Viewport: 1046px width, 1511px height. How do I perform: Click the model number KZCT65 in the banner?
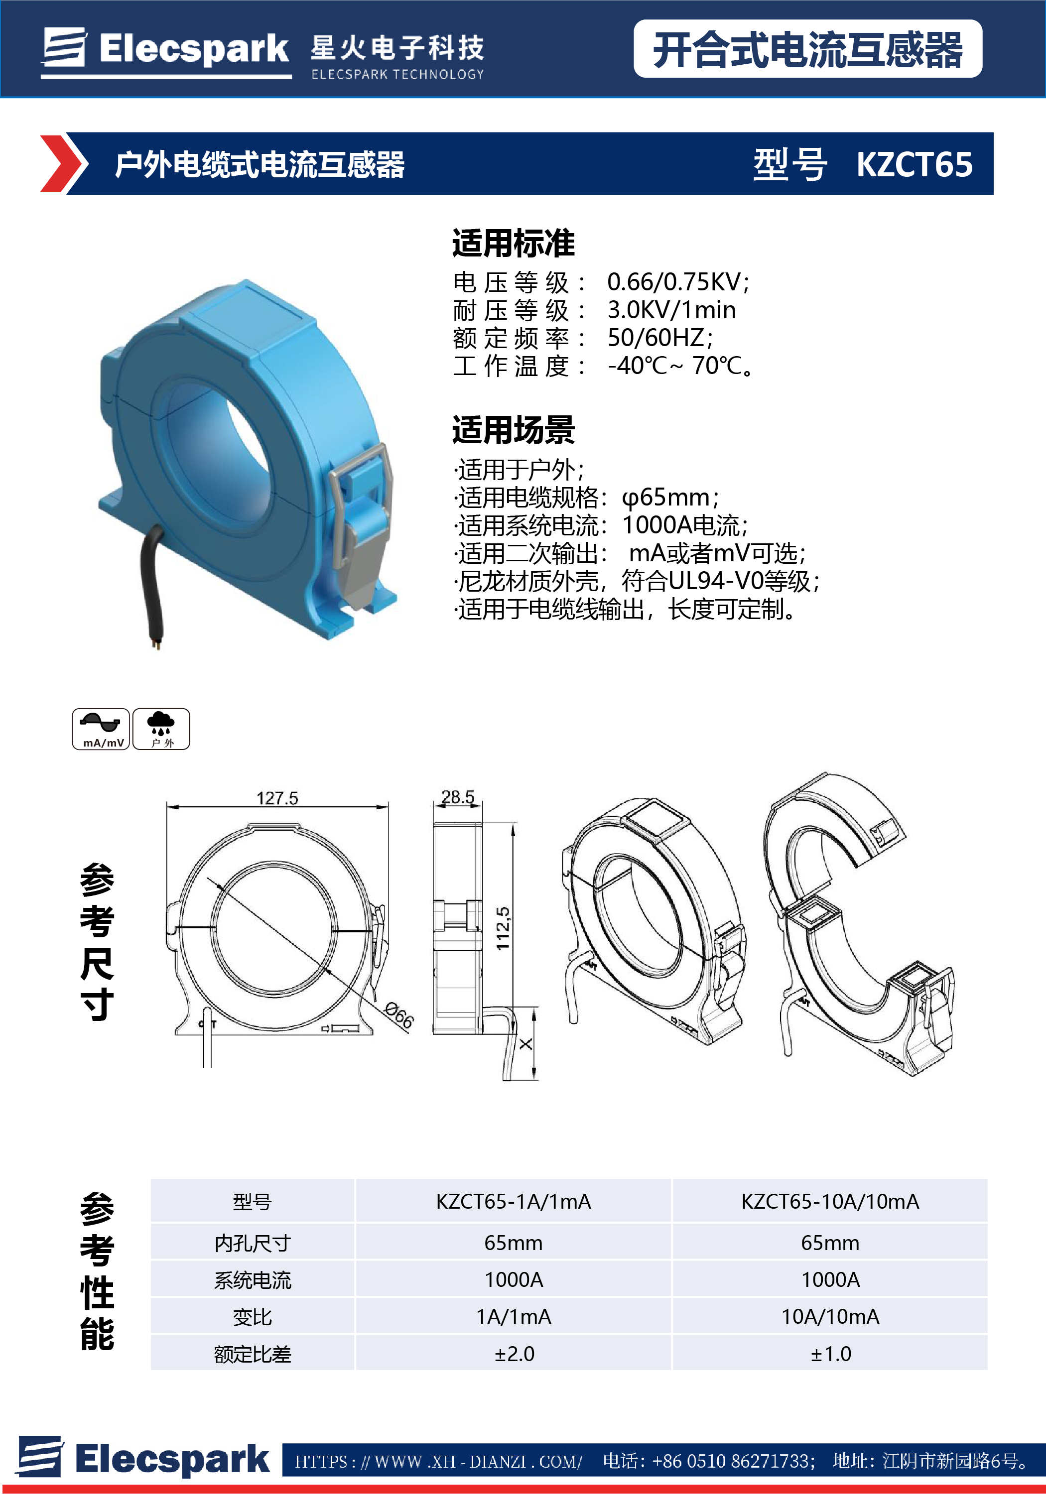[x=915, y=164]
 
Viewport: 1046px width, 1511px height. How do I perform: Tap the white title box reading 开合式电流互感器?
[x=807, y=49]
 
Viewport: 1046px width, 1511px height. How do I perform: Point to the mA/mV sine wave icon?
[x=100, y=729]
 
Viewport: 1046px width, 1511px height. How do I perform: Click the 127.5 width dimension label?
[x=277, y=798]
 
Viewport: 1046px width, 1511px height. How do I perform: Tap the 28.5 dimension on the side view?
[x=457, y=797]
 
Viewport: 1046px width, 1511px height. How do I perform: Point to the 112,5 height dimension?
[x=503, y=928]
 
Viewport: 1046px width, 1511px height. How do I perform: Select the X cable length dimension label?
[x=525, y=1044]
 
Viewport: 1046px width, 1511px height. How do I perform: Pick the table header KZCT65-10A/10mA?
[x=830, y=1201]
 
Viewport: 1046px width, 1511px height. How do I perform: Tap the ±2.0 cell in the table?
[x=514, y=1354]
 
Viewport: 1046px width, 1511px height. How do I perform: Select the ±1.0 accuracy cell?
[x=830, y=1354]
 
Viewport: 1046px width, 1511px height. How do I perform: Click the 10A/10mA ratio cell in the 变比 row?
[x=830, y=1316]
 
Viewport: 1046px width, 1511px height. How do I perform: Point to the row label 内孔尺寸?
[x=253, y=1243]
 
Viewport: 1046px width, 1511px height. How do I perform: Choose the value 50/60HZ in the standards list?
[x=659, y=338]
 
